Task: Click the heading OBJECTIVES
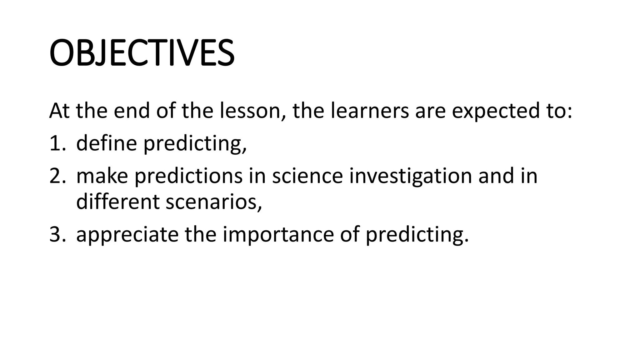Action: [142, 52]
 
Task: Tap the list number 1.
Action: [56, 143]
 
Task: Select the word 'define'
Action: [107, 143]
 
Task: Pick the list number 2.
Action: [57, 176]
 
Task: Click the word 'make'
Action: [102, 176]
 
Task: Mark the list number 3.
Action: [57, 235]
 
